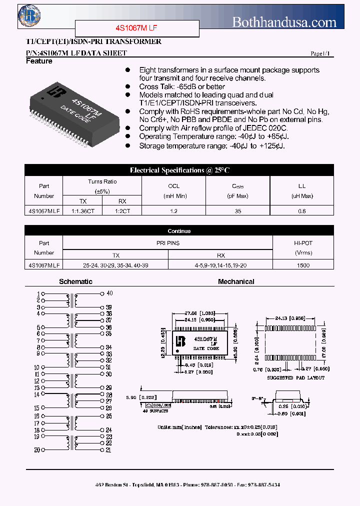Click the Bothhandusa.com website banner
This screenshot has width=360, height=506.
[x=284, y=22]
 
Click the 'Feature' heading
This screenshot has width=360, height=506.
[x=39, y=61]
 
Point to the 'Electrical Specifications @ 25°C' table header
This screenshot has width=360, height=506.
[x=179, y=170]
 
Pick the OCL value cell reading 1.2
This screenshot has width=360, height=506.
[x=173, y=211]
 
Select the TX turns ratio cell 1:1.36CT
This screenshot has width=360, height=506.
[x=83, y=211]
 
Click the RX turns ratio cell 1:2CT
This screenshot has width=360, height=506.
[x=122, y=211]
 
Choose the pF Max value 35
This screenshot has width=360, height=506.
[x=238, y=211]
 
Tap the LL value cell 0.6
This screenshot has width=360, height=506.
[x=302, y=211]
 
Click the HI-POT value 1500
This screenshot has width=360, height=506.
[x=303, y=265]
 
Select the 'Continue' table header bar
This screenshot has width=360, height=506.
[x=179, y=231]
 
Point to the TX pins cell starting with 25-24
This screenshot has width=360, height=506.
[x=115, y=265]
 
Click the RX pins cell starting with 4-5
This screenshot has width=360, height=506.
[x=220, y=265]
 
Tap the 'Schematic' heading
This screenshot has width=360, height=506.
[x=75, y=281]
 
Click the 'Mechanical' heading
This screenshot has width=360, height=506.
[x=236, y=281]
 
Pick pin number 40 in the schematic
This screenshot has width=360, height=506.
[x=109, y=293]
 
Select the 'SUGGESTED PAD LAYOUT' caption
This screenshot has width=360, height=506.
[x=289, y=378]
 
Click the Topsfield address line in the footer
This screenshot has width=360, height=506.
[x=180, y=485]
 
